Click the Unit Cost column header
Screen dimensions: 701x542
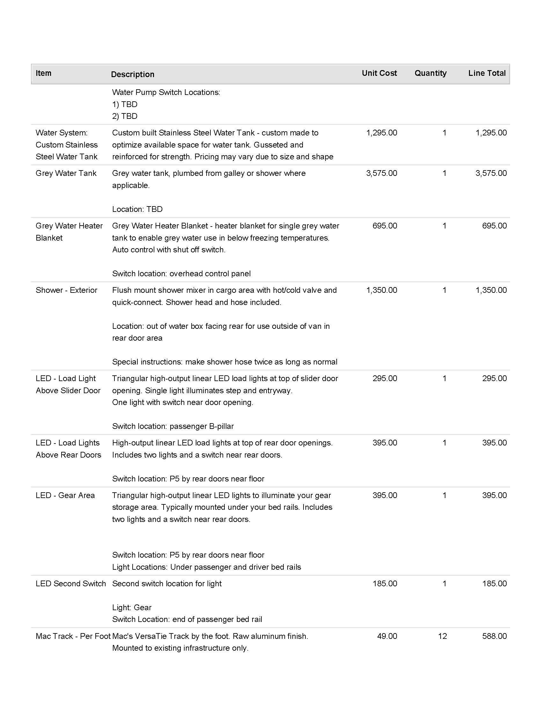pos(379,73)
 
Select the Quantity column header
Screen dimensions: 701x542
pos(430,73)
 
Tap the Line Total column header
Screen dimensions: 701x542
pos(487,73)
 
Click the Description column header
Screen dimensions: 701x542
pos(133,75)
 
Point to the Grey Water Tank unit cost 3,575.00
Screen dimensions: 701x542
pos(381,173)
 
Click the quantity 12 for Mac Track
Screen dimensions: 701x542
pos(442,636)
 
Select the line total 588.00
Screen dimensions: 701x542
pos(494,636)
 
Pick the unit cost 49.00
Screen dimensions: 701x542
pos(387,636)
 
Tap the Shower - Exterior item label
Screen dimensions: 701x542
pos(66,290)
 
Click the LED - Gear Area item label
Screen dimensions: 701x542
pos(65,495)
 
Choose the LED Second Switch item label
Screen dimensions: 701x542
pos(71,583)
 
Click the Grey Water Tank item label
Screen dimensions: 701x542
pos(66,173)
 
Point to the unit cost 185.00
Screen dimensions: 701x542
pos(385,583)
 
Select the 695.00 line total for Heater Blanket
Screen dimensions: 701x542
pos(494,226)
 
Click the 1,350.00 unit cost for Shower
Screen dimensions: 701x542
pos(381,290)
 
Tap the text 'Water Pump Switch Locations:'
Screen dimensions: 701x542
pos(166,92)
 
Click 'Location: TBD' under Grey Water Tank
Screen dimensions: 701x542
pos(137,209)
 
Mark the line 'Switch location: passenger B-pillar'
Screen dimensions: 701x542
pos(173,426)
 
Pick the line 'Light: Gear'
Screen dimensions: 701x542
pos(132,607)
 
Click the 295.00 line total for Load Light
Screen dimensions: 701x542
pos(494,379)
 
